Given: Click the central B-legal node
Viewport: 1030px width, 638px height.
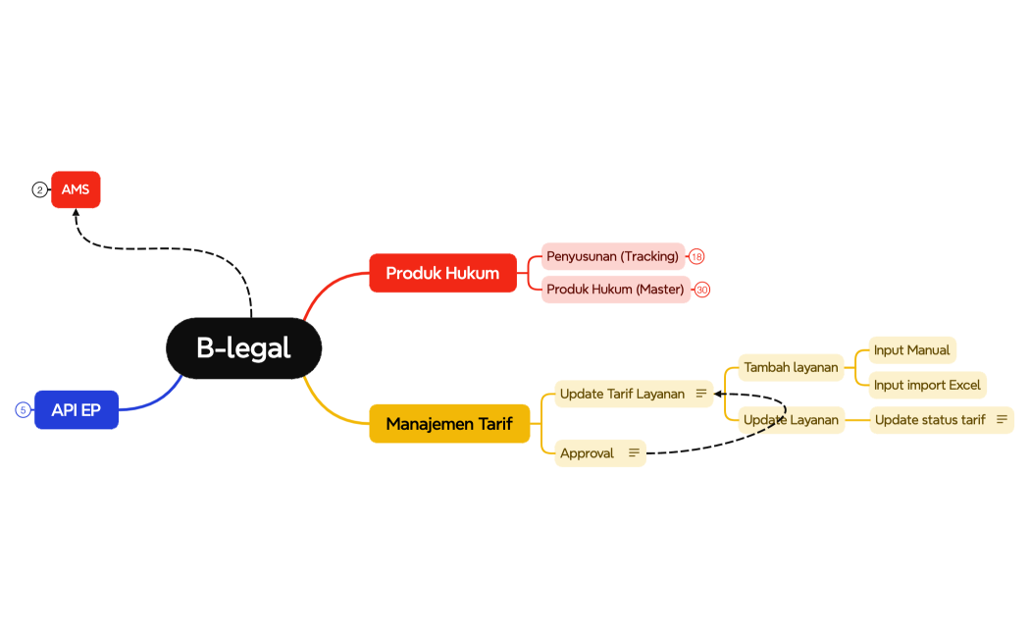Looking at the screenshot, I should click(243, 347).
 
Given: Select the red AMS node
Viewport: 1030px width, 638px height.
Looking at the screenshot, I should click(76, 189).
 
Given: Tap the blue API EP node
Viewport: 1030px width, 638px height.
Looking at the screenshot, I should click(77, 410).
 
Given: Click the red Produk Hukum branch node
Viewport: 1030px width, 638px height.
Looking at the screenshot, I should click(442, 273).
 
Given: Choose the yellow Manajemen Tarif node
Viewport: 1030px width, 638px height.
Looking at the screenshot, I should click(448, 424).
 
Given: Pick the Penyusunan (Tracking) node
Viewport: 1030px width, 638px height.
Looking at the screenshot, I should click(612, 256).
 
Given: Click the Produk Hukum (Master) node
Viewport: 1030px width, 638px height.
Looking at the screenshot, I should click(615, 290).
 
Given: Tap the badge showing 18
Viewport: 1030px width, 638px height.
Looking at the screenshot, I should click(696, 256).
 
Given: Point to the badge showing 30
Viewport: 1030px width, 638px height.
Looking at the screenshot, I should click(702, 290).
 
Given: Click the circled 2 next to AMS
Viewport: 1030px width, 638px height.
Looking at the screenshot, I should click(39, 189).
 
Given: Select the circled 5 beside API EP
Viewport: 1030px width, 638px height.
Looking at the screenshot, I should click(23, 410).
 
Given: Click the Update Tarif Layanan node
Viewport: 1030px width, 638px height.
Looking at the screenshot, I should click(622, 394).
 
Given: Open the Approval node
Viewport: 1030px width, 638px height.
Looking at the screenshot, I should click(587, 452).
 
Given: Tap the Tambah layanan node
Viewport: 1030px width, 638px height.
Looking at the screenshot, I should click(791, 367).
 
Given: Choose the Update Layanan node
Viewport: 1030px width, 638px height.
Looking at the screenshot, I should click(791, 420).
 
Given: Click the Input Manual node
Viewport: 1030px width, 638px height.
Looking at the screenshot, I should click(911, 350).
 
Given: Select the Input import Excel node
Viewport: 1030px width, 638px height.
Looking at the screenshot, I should click(927, 385).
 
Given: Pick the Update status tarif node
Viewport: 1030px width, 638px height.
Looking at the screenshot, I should click(930, 420).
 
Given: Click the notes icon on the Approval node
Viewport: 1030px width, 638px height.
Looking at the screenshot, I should click(634, 452).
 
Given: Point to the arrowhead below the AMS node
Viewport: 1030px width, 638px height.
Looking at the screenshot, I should click(77, 213).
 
